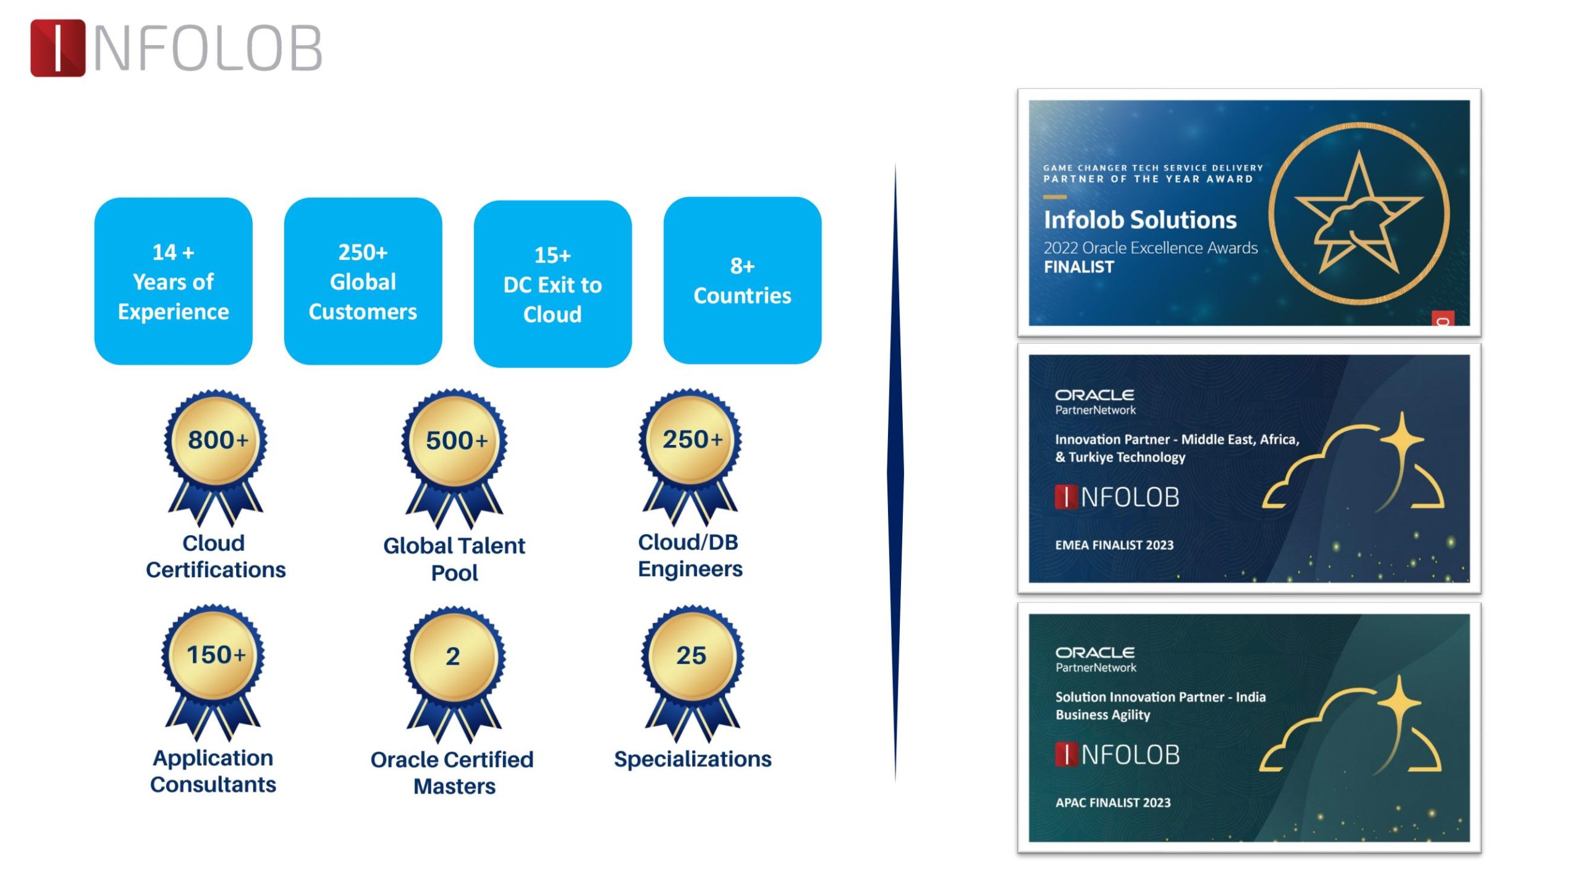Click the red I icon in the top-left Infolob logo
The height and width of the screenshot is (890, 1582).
tap(57, 48)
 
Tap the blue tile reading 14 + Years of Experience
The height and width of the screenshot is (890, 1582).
tap(173, 281)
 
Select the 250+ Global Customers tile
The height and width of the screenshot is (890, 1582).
tap(363, 281)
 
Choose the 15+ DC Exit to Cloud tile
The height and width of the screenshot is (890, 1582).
tap(552, 284)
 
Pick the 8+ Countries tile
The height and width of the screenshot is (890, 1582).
tap(742, 281)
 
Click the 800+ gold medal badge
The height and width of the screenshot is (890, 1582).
tap(216, 457)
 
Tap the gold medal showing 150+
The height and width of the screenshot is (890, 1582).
tap(213, 672)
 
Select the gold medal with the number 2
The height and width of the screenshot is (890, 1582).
tap(454, 674)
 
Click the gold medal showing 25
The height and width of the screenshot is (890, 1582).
tap(692, 672)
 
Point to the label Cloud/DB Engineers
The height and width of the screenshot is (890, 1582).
tap(690, 555)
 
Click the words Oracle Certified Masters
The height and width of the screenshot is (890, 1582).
tap(452, 773)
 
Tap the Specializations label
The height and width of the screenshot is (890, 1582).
tap(693, 759)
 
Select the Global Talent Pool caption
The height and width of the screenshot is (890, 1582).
tap(454, 559)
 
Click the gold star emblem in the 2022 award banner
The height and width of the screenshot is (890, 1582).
tap(1359, 213)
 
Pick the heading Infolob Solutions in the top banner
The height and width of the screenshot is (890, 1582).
tap(1140, 220)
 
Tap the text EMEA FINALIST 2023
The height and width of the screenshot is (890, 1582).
tap(1114, 545)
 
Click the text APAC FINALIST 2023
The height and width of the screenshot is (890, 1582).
tap(1113, 803)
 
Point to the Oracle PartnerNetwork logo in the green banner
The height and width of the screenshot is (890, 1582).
tap(1096, 659)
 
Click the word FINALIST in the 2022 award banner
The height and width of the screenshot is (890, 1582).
tap(1078, 267)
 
